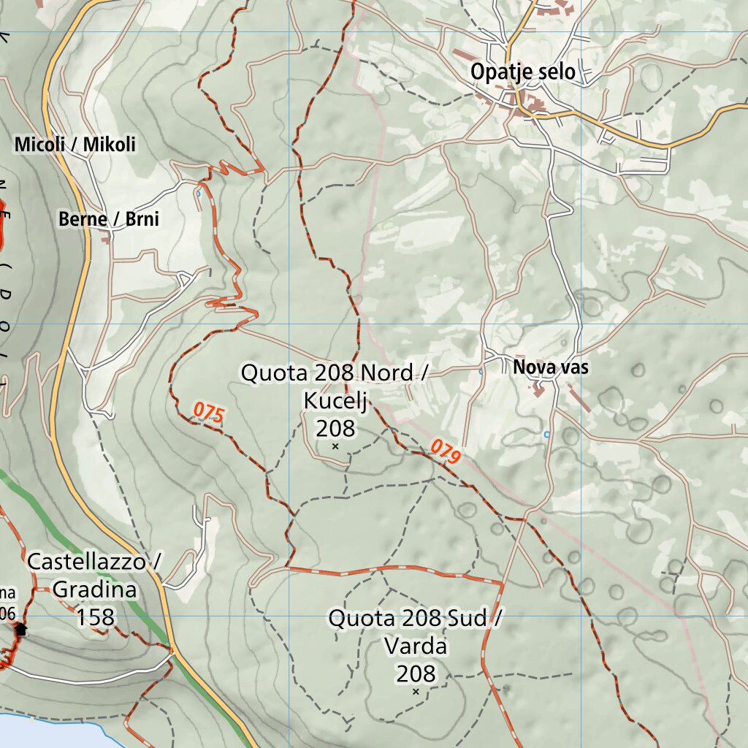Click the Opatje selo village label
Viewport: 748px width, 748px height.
tap(522, 72)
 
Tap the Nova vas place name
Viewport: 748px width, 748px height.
tap(550, 367)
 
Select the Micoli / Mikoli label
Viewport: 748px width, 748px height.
tap(75, 145)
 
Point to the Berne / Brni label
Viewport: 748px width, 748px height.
tap(109, 218)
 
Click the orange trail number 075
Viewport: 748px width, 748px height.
tap(208, 413)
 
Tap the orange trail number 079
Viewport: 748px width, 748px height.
tap(446, 452)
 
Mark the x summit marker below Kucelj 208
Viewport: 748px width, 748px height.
tap(335, 446)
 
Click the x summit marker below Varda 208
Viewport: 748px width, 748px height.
tap(416, 691)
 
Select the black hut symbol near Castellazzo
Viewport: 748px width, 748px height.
tap(20, 628)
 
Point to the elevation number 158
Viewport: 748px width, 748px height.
tap(96, 618)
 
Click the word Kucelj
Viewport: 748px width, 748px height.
tap(335, 400)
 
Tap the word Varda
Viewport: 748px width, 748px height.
tap(415, 646)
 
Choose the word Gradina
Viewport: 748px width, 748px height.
tap(95, 589)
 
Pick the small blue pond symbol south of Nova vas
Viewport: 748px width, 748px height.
tap(546, 434)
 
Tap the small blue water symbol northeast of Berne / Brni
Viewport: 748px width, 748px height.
tap(199, 194)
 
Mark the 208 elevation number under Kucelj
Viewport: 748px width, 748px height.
tap(335, 428)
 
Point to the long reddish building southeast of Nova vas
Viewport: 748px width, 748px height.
tap(580, 399)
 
